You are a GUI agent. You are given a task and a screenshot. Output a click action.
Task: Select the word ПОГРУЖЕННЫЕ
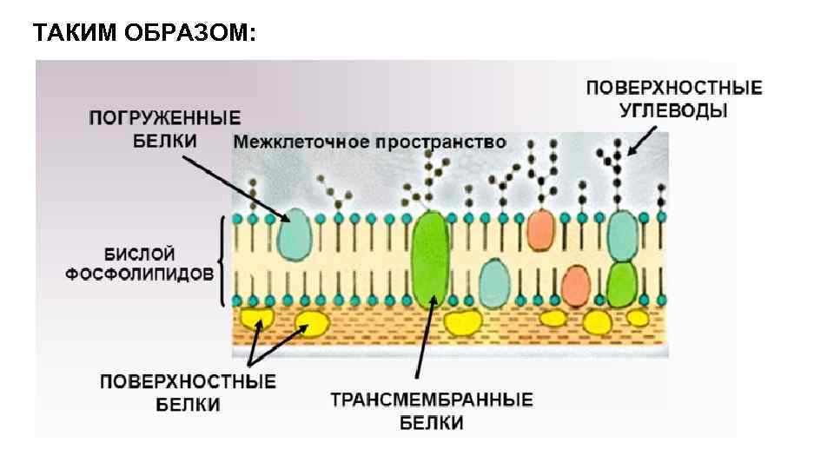point(165,117)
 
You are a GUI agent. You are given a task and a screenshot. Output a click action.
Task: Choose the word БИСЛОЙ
point(140,254)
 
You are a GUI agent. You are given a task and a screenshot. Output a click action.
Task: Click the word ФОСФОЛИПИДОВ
point(140,273)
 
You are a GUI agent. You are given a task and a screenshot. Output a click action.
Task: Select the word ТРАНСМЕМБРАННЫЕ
point(432,401)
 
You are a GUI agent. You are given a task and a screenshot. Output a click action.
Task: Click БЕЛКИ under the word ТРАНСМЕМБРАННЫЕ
point(432,424)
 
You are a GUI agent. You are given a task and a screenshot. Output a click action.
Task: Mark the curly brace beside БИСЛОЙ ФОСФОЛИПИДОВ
point(223,261)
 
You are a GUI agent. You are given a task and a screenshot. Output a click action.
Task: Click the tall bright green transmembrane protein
point(429,259)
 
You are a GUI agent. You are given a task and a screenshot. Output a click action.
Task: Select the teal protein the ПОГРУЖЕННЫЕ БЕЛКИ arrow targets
point(295,233)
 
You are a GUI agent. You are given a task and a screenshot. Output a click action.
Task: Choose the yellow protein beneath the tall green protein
point(463,322)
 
